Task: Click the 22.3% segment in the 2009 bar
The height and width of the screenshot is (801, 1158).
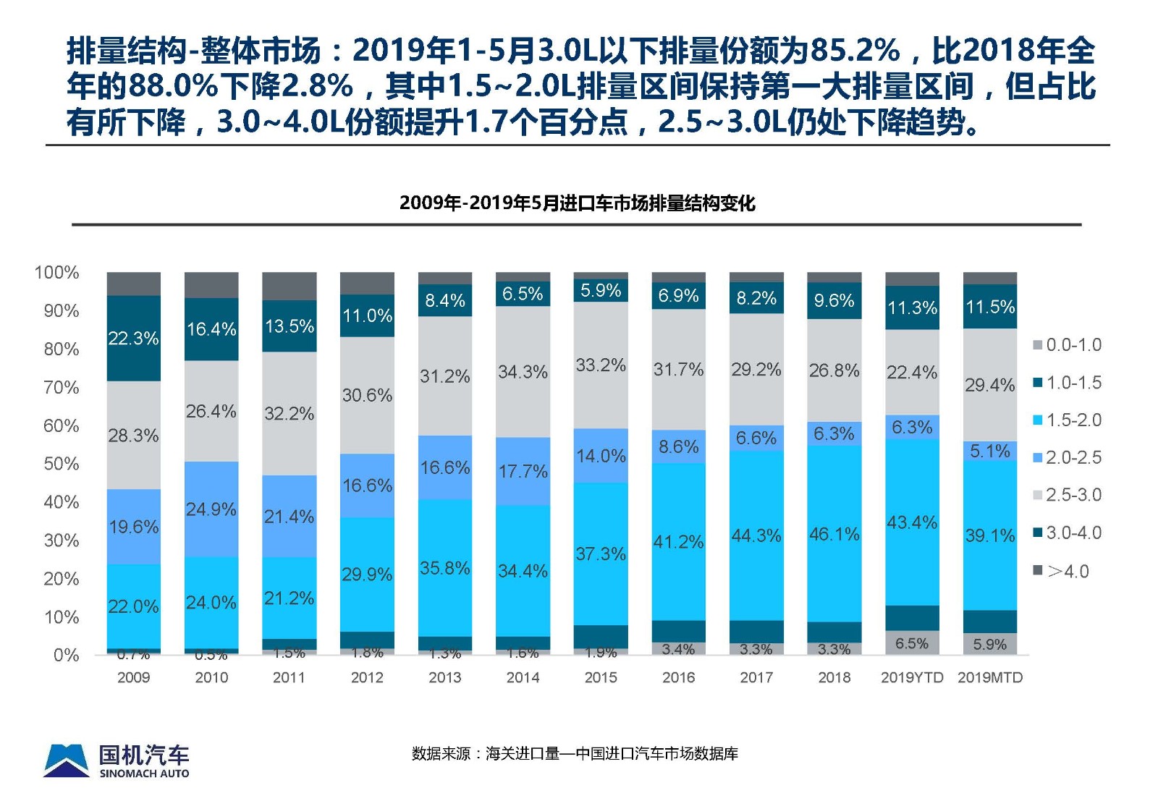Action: click(x=133, y=338)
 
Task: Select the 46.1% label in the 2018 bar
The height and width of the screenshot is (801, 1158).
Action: click(x=834, y=534)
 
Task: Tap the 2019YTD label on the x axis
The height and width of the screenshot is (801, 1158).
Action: click(x=912, y=677)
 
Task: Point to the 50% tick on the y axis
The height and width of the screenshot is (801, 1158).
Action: click(x=62, y=464)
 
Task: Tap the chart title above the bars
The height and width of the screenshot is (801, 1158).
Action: click(x=577, y=203)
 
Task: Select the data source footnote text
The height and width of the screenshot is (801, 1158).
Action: click(x=575, y=754)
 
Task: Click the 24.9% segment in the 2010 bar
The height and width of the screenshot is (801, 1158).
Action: click(x=211, y=509)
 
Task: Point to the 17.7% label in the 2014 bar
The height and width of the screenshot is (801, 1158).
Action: click(x=523, y=472)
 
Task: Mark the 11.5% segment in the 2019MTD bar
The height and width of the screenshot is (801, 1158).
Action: click(x=989, y=307)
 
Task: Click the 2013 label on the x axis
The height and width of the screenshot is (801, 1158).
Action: click(x=444, y=677)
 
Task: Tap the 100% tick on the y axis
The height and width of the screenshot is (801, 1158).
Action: click(x=57, y=273)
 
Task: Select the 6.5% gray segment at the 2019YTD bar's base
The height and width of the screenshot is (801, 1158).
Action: click(x=912, y=643)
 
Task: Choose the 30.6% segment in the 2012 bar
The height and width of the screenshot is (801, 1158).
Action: click(x=367, y=395)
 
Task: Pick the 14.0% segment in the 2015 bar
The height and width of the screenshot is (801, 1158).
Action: click(x=601, y=456)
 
